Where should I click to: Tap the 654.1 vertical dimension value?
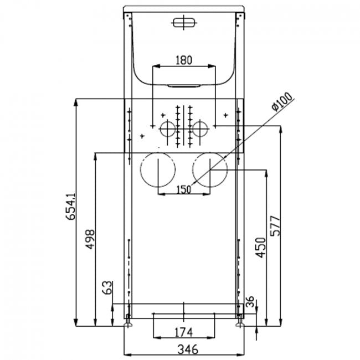pyautogui.click(x=70, y=207)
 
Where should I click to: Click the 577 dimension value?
pyautogui.click(x=276, y=224)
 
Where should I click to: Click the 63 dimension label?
pyautogui.click(x=108, y=287)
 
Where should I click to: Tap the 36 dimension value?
pyautogui.click(x=250, y=302)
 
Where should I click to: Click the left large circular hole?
pyautogui.click(x=158, y=170)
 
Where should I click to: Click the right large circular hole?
pyautogui.click(x=210, y=170)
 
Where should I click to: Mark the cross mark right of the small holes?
pyautogui.click(x=225, y=115)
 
